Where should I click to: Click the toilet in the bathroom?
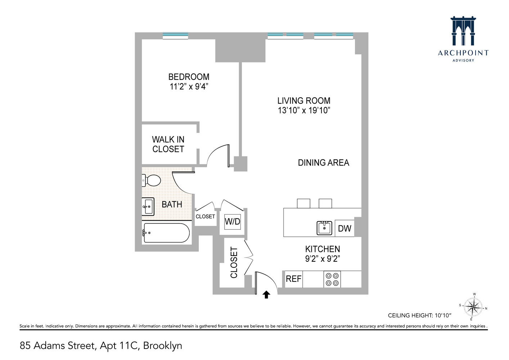152,180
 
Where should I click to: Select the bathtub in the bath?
166,233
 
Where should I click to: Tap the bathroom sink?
148,207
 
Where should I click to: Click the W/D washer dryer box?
232,221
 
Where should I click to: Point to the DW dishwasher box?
344,228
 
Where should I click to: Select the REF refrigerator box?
293,279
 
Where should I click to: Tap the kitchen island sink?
324,228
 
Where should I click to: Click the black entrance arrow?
266,295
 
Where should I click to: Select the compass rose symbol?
473,307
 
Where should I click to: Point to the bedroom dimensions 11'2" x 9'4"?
189,87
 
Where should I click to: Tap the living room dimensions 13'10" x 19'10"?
304,111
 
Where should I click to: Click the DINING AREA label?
323,163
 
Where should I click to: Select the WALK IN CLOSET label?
168,144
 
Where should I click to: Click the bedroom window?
175,35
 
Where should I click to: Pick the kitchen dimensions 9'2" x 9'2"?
323,258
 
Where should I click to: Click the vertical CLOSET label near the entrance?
234,262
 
